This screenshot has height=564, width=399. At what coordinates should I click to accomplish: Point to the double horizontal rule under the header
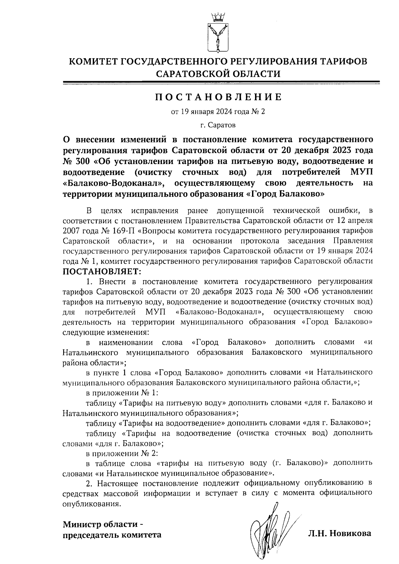point(221,83)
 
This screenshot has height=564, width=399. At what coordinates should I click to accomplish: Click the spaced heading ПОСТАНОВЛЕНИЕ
point(218,97)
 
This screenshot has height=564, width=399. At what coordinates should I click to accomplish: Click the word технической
point(296,211)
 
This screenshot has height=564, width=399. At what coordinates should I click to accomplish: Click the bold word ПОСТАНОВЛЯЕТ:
point(102,271)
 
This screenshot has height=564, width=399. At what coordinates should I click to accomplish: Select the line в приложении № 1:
point(122,393)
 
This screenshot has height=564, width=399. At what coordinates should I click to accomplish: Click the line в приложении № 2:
point(122,454)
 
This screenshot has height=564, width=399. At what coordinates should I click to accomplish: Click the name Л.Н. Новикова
point(339,534)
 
